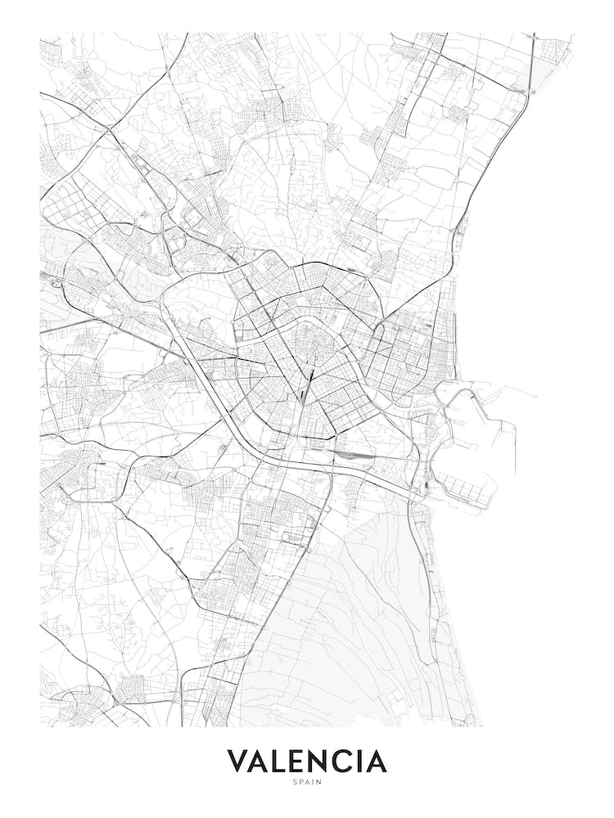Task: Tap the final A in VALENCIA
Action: click(x=377, y=761)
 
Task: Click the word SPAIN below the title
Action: click(x=307, y=782)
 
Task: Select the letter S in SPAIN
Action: click(x=295, y=782)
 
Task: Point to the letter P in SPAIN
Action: click(x=300, y=782)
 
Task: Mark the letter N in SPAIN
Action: click(x=319, y=782)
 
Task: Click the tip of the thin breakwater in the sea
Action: click(x=536, y=398)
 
